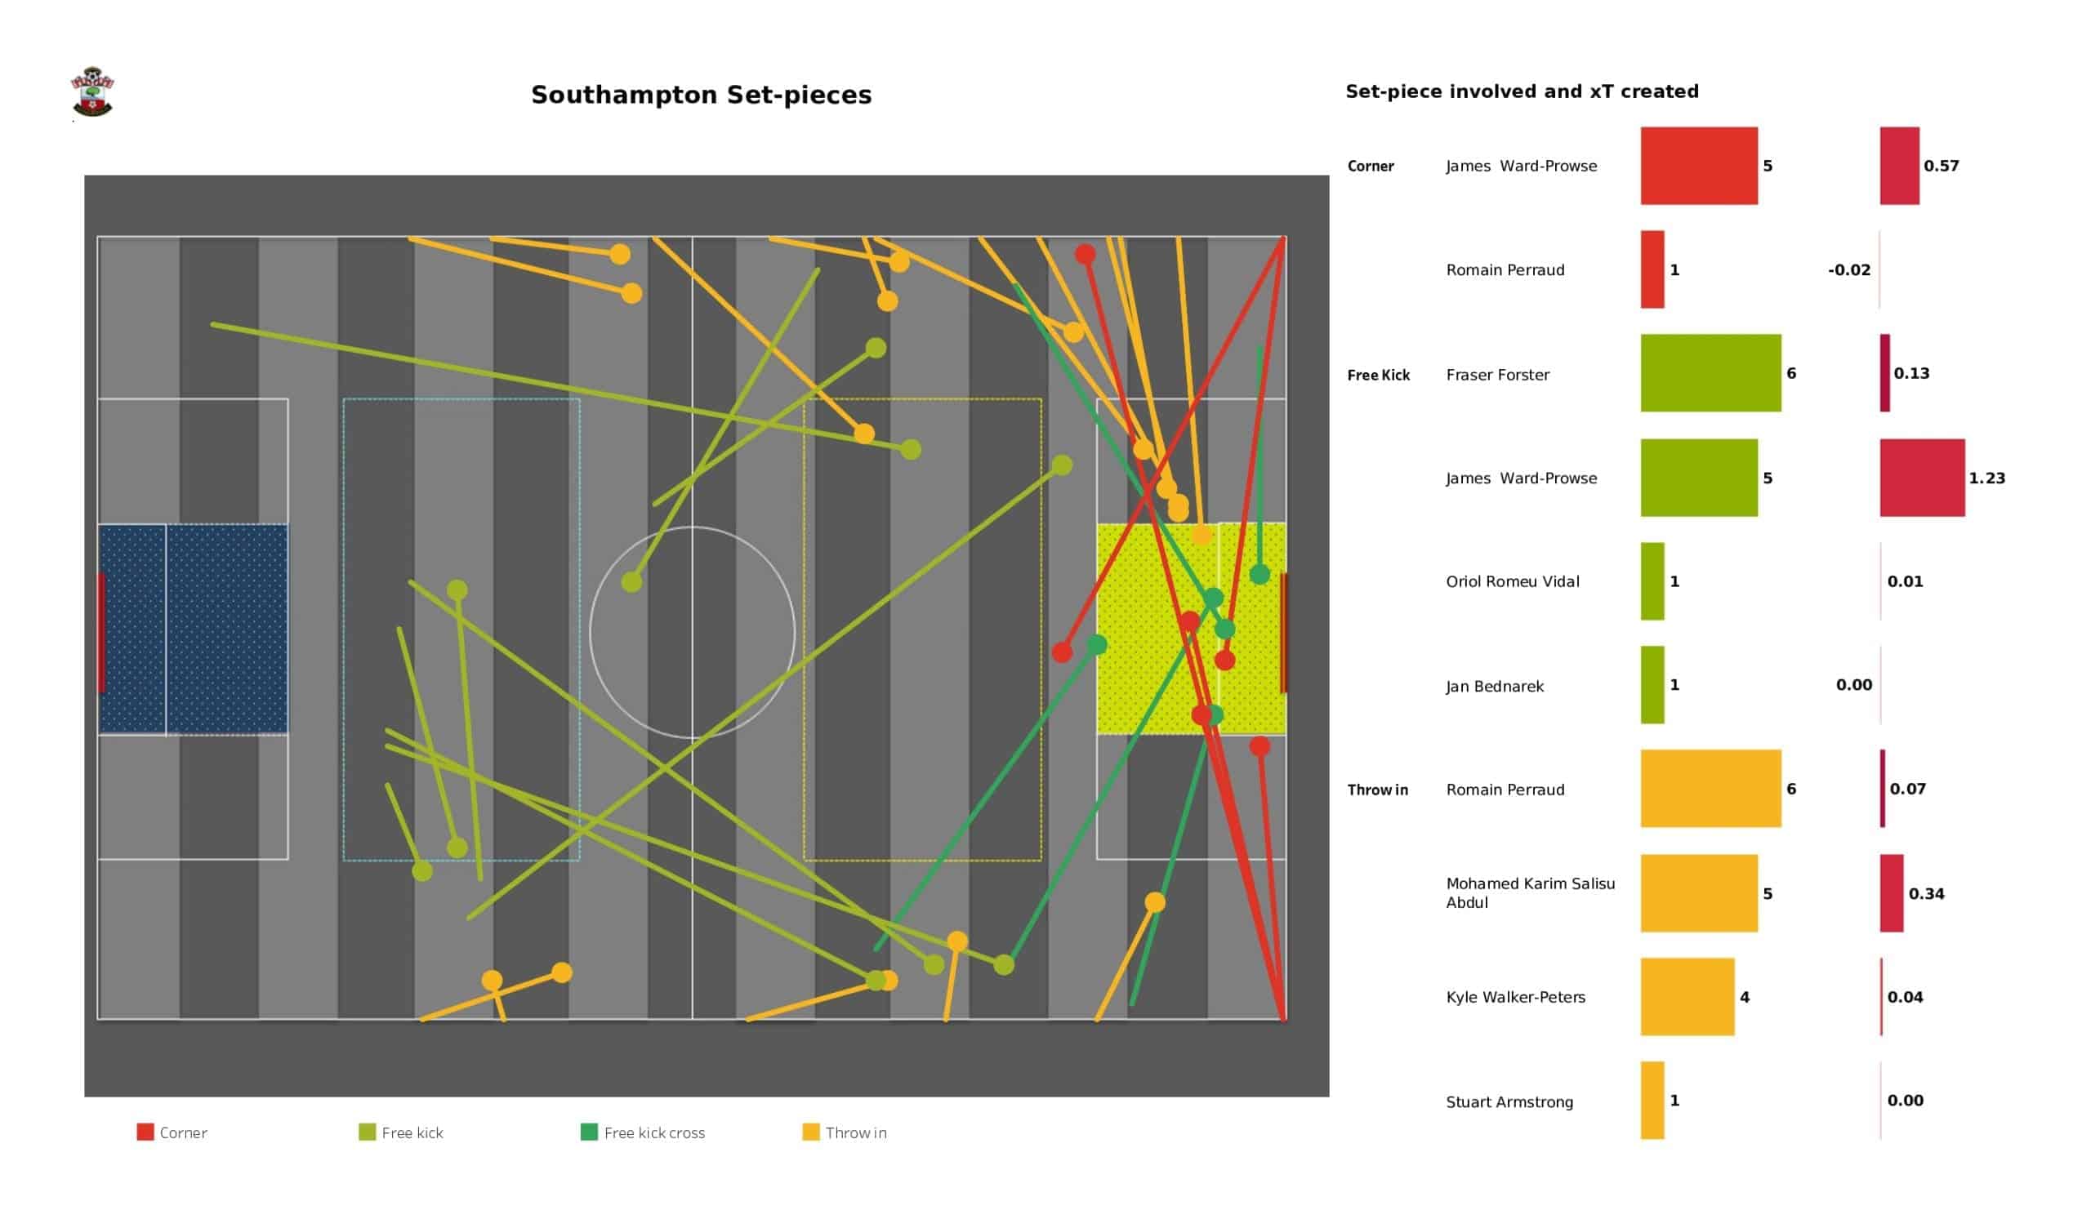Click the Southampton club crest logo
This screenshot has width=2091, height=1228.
(92, 92)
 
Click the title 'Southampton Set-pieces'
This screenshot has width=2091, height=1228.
(701, 95)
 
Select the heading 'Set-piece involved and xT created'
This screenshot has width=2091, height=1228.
(1522, 91)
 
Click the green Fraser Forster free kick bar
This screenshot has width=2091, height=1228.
(1710, 373)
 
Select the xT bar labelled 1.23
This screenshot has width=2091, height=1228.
(1922, 478)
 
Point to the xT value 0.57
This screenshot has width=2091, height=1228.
(1941, 166)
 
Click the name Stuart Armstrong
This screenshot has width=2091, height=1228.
(1509, 1102)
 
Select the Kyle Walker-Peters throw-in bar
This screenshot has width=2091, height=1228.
(1687, 996)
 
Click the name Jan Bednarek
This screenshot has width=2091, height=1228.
(1495, 686)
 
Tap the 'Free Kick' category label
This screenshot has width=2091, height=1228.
(1378, 375)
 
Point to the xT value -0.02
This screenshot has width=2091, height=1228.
(1848, 269)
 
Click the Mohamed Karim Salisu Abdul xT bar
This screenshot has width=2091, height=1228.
(1891, 893)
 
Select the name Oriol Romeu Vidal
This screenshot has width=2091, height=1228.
(1512, 581)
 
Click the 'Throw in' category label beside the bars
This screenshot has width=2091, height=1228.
(1377, 790)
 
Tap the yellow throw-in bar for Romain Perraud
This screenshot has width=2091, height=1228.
(1710, 788)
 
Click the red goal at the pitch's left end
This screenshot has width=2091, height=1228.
(101, 632)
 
